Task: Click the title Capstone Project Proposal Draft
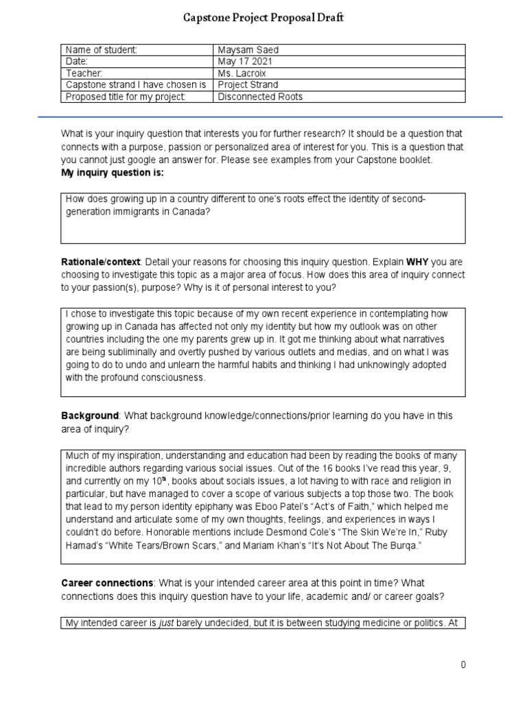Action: [x=263, y=19]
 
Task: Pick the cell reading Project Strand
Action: [x=248, y=85]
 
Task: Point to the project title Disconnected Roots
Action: [x=260, y=97]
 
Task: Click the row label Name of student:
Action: [x=101, y=50]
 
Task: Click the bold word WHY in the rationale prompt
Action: [x=419, y=262]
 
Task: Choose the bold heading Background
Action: [x=90, y=416]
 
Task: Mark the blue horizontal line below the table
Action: [x=270, y=117]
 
